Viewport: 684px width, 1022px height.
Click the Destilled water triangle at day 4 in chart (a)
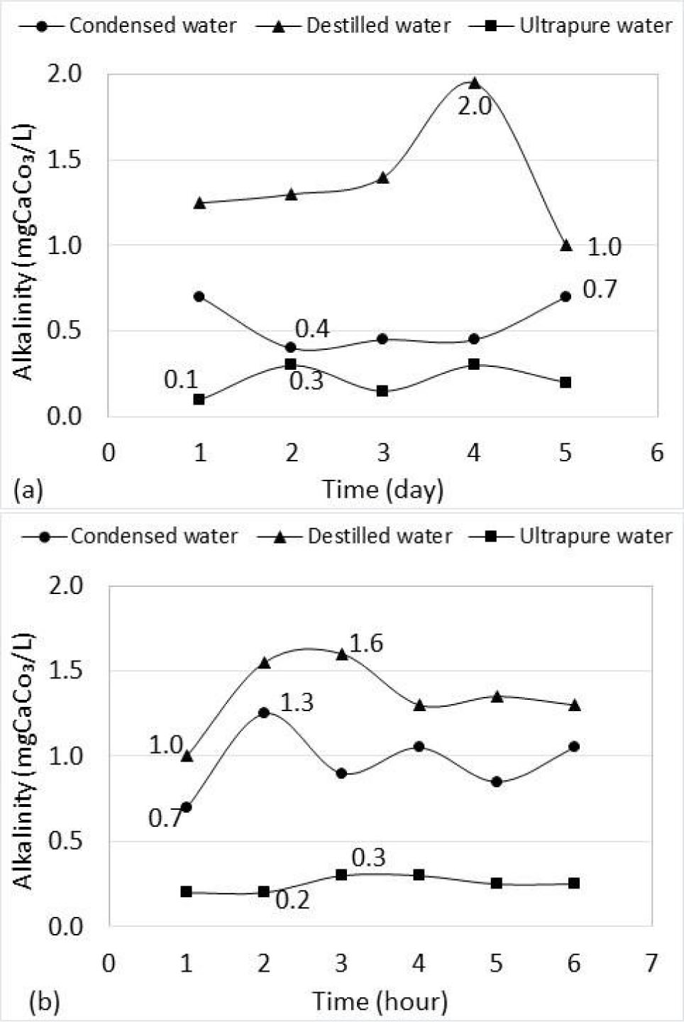point(475,83)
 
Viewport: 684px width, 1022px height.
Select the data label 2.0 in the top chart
point(475,106)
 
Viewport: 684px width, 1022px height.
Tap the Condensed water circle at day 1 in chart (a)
point(199,296)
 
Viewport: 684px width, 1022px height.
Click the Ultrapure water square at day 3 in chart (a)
point(382,390)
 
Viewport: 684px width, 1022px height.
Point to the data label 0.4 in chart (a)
point(312,329)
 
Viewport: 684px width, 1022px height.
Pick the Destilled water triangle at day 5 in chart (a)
point(566,245)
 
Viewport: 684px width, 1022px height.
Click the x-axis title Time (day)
point(382,489)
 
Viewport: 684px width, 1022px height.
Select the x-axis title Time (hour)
point(380,1001)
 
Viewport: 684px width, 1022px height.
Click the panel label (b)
point(44,1003)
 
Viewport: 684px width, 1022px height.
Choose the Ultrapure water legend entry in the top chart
point(571,26)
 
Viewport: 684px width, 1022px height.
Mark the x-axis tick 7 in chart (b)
point(651,963)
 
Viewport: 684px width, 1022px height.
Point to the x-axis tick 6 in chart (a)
point(657,452)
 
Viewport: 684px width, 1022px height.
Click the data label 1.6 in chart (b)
point(366,643)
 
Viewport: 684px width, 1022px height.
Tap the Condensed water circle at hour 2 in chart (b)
point(264,712)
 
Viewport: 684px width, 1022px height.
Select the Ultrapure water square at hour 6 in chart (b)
point(574,883)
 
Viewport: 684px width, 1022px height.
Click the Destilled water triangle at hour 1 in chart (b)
point(187,756)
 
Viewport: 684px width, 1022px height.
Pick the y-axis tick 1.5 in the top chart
point(64,160)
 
